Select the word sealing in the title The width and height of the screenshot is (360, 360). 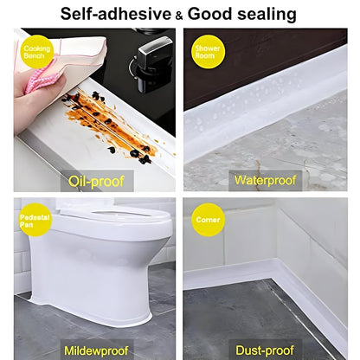click(x=264, y=14)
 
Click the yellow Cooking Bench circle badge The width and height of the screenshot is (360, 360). click(x=36, y=49)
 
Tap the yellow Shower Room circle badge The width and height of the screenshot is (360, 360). click(x=208, y=49)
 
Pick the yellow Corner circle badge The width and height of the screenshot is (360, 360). click(x=208, y=220)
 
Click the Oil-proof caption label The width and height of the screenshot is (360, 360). click(x=96, y=181)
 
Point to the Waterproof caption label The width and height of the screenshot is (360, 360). click(x=264, y=181)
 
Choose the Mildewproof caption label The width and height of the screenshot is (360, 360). click(x=96, y=350)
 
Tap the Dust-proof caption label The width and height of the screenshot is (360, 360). click(x=265, y=350)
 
